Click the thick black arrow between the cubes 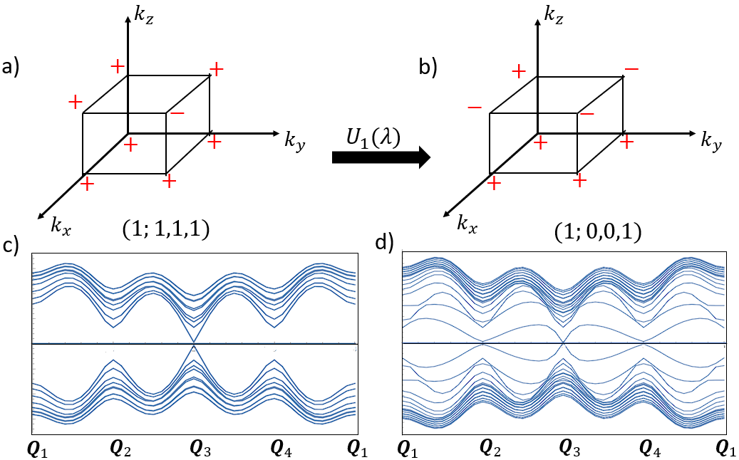pyautogui.click(x=381, y=156)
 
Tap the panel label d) pyautogui.click(x=386, y=245)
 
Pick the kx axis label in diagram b pyautogui.click(x=467, y=226)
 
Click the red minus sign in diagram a pyautogui.click(x=177, y=113)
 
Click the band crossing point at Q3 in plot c pyautogui.click(x=194, y=345)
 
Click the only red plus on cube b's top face pyautogui.click(x=519, y=71)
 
